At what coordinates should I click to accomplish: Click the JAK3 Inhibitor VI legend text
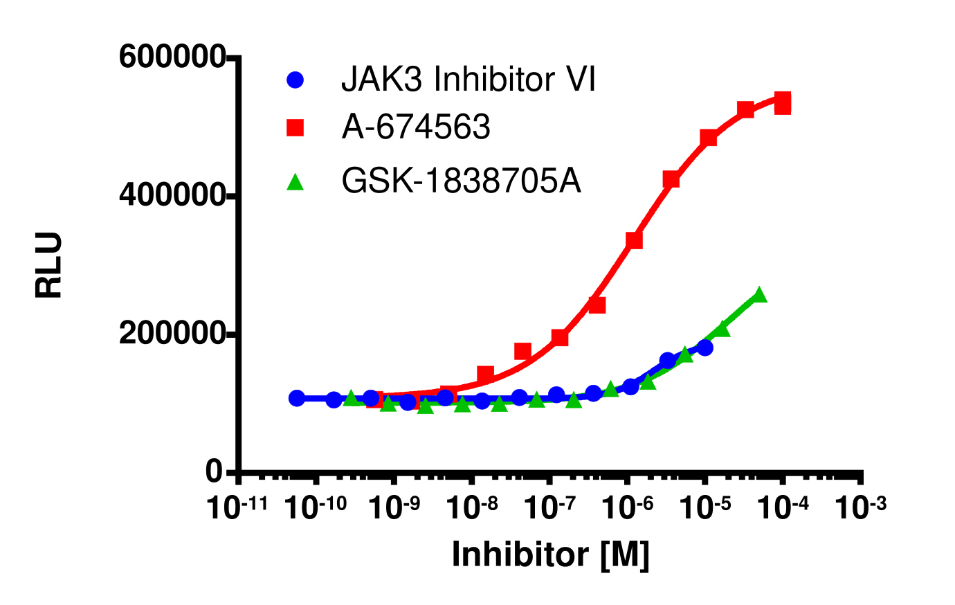[x=468, y=80]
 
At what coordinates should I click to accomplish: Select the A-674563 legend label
[x=416, y=127]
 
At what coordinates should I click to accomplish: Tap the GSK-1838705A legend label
[x=462, y=181]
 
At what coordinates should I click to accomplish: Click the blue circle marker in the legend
[x=295, y=80]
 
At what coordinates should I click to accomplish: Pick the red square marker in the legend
[x=295, y=127]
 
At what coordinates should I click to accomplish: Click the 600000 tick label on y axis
[x=172, y=57]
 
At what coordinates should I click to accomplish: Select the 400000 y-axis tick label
[x=172, y=195]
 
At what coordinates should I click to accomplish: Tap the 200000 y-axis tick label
[x=172, y=334]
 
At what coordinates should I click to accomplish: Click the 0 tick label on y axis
[x=215, y=472]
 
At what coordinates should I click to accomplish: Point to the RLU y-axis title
[x=49, y=265]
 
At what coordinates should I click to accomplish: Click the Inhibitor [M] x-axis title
[x=550, y=554]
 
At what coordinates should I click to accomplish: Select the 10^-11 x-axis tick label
[x=237, y=507]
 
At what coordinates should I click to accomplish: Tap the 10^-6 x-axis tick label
[x=626, y=507]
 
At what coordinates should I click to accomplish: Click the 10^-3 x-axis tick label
[x=860, y=507]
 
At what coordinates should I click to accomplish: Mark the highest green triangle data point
[x=759, y=295]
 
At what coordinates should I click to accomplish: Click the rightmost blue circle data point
[x=705, y=347]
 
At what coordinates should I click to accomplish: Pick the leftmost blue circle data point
[x=297, y=398]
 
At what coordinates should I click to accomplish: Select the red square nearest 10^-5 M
[x=708, y=138]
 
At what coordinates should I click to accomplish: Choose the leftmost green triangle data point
[x=351, y=398]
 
